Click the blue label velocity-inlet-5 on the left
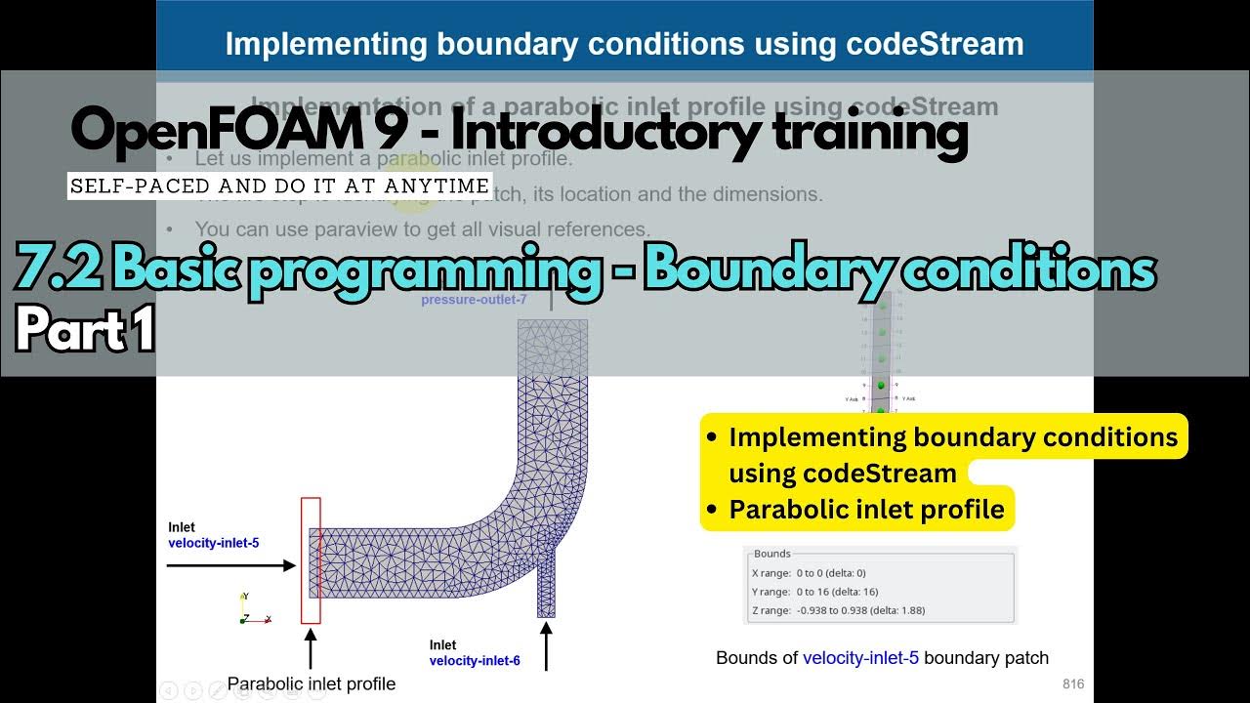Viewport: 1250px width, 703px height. tap(213, 543)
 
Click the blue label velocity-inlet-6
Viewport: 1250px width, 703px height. tap(474, 661)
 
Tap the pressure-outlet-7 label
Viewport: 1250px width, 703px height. tap(474, 300)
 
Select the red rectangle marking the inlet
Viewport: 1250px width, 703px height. tap(311, 559)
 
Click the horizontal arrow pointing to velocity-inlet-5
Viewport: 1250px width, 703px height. tap(231, 565)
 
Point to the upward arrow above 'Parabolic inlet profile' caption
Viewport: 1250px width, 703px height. tap(311, 648)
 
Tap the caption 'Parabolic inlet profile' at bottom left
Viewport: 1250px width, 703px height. tap(312, 683)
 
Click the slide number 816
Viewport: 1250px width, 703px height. tap(1072, 684)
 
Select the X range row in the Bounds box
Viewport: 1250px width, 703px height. tap(809, 573)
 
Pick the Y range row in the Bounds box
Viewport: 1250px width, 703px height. tap(814, 592)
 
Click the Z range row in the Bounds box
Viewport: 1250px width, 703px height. tap(838, 610)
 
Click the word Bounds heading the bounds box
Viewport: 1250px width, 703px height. tap(772, 554)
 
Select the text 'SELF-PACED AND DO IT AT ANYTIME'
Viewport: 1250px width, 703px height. tap(279, 186)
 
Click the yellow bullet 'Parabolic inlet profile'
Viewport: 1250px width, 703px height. tap(866, 510)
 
